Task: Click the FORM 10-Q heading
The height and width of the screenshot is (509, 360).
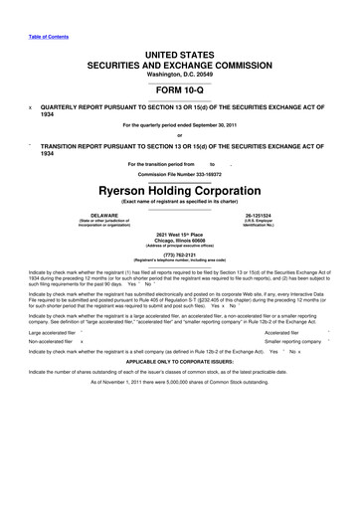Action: tap(180, 85)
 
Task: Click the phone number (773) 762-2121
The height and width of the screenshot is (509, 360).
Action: tap(180, 279)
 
